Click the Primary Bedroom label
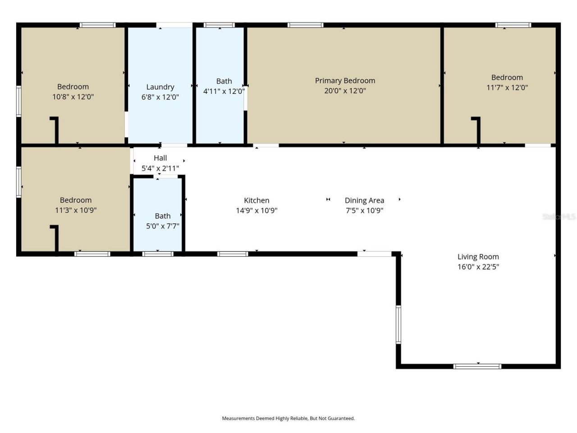pyautogui.click(x=345, y=81)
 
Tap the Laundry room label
pyautogui.click(x=160, y=87)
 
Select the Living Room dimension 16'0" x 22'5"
pyautogui.click(x=478, y=267)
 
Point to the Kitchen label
pyautogui.click(x=256, y=200)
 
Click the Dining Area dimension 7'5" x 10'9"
pyautogui.click(x=364, y=210)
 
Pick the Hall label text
pyautogui.click(x=160, y=158)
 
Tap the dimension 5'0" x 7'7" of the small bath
pyautogui.click(x=162, y=226)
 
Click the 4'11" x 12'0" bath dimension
pyautogui.click(x=224, y=91)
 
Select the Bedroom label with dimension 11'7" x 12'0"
pyautogui.click(x=507, y=78)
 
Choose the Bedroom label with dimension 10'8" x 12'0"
pyautogui.click(x=73, y=87)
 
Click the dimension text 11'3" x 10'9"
pyautogui.click(x=76, y=210)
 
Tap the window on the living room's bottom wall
pyautogui.click(x=477, y=366)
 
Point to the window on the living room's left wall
pyautogui.click(x=398, y=325)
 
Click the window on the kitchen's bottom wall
pyautogui.click(x=233, y=254)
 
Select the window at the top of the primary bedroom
pyautogui.click(x=305, y=25)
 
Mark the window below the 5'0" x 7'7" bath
pyautogui.click(x=158, y=254)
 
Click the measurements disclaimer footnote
pyautogui.click(x=288, y=419)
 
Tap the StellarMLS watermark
pyautogui.click(x=559, y=217)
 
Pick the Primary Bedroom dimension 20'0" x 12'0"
pyautogui.click(x=345, y=91)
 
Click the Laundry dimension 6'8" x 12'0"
pyautogui.click(x=160, y=97)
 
